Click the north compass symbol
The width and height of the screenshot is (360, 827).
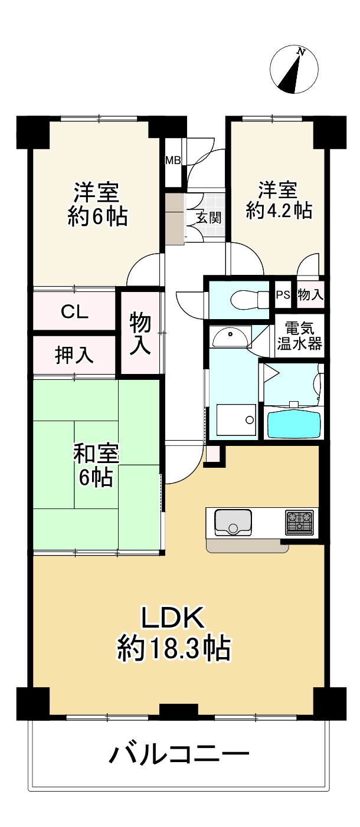(x=294, y=70)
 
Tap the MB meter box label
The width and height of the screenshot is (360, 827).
(x=173, y=160)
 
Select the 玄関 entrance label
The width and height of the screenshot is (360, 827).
(x=209, y=217)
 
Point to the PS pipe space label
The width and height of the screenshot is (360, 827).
(x=283, y=296)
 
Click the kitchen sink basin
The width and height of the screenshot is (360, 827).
(x=233, y=521)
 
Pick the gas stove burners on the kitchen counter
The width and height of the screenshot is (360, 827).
(x=300, y=521)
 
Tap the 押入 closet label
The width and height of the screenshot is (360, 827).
(x=74, y=355)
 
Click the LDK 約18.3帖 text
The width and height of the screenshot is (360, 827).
(x=174, y=632)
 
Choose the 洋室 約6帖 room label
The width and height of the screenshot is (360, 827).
(x=97, y=204)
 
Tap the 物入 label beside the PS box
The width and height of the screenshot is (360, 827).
(x=310, y=296)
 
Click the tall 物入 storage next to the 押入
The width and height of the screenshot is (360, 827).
(x=140, y=333)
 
